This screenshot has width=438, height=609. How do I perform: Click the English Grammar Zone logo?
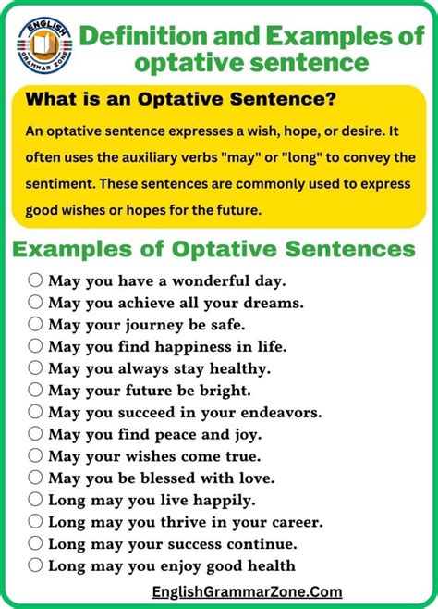(x=44, y=45)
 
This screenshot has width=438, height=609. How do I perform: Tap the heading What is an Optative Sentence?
(x=180, y=99)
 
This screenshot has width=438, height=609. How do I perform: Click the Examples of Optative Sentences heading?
(x=214, y=249)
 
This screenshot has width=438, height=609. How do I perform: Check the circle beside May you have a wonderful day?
(x=35, y=280)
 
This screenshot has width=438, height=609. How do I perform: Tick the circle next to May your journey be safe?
(x=35, y=324)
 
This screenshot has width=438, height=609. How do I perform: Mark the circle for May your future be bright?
(x=35, y=389)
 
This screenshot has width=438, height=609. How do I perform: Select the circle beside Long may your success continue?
(x=35, y=543)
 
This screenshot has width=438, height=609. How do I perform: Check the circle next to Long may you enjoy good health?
(x=35, y=565)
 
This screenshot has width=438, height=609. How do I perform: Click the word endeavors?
(x=282, y=412)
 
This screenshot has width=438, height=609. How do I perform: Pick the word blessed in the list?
(x=167, y=478)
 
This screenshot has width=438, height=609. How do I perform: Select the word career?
(x=298, y=522)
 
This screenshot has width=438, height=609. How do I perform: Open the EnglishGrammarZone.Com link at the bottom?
(x=248, y=592)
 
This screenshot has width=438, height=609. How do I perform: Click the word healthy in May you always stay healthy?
(x=240, y=369)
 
